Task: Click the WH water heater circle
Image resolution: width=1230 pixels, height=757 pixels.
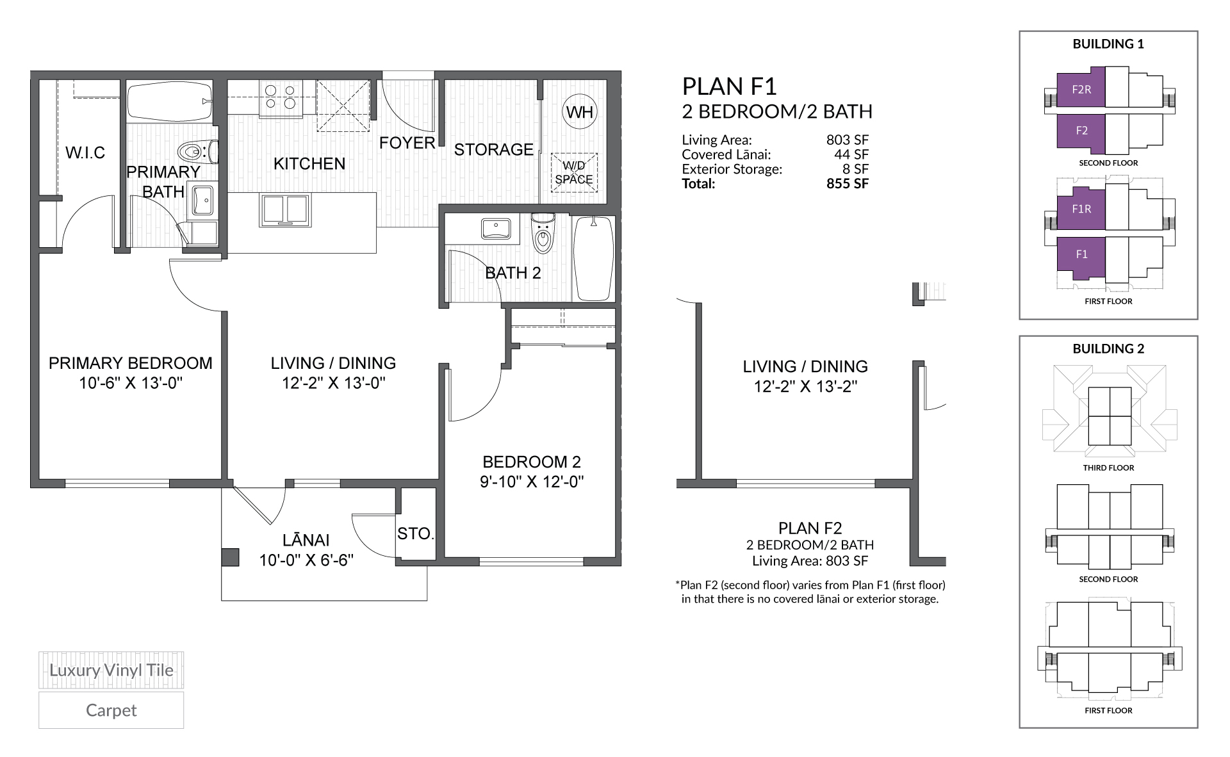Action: (579, 112)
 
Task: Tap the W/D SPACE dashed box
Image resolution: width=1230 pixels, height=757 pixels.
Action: (574, 172)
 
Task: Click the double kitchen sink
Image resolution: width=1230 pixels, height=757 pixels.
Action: (284, 210)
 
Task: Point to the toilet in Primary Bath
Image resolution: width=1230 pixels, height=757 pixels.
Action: (195, 152)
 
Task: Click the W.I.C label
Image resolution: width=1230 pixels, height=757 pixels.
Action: (85, 153)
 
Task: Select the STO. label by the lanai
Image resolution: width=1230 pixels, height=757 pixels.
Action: (416, 533)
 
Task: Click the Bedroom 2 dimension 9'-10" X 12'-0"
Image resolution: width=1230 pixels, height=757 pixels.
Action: (532, 482)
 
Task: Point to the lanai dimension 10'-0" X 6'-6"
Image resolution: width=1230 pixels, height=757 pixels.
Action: (306, 560)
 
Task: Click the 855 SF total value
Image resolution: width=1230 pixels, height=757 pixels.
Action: (847, 184)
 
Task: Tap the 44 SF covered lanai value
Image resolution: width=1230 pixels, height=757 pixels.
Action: (851, 154)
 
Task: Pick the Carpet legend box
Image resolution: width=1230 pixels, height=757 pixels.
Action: (111, 710)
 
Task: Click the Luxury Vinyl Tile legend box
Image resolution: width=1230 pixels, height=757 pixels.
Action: (111, 671)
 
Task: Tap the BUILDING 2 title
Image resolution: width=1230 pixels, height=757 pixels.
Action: (1108, 349)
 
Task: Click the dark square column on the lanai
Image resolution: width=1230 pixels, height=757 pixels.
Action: (230, 557)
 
